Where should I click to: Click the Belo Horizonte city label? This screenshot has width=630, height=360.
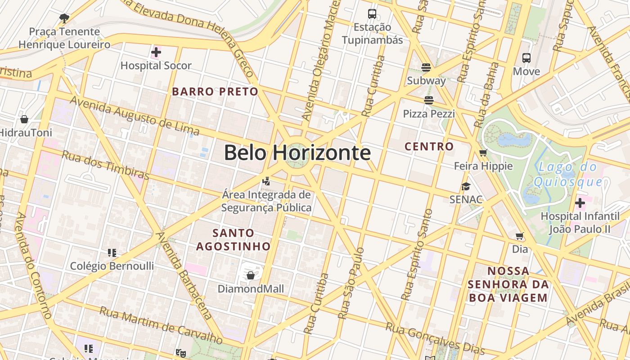297,153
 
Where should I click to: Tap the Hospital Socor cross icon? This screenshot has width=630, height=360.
156,52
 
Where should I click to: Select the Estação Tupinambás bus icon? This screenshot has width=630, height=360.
372,14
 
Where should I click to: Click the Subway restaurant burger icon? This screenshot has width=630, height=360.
426,67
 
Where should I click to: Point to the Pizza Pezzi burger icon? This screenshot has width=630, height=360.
429,100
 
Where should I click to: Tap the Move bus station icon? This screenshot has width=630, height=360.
526,58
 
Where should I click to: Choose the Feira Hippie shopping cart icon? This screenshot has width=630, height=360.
484,153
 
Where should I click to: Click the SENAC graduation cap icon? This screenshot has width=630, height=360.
466,186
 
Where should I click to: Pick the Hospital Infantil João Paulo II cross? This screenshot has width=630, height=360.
580,203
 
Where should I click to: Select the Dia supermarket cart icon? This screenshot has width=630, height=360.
520,236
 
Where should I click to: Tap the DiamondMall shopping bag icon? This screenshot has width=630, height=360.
251,275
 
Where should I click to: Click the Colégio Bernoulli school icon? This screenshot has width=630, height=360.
112,253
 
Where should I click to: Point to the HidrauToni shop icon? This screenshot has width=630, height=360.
24,119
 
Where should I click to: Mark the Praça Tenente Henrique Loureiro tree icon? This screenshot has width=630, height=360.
64,18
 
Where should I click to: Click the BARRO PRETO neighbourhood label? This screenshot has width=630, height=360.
215,92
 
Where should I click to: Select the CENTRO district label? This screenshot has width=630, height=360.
429,146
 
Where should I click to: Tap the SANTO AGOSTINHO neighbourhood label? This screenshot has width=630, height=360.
233,240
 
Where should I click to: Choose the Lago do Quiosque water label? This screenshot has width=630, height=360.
568,175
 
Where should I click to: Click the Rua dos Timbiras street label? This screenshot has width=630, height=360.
105,165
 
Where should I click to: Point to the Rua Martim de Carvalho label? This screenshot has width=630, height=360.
161,324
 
